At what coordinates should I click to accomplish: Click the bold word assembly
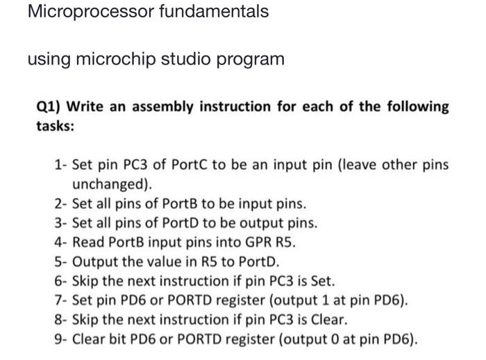[162, 108]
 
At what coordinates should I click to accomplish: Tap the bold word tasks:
[55, 127]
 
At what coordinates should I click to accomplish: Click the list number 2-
[60, 205]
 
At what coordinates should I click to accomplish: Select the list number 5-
[60, 262]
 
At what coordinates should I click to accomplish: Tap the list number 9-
[60, 340]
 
